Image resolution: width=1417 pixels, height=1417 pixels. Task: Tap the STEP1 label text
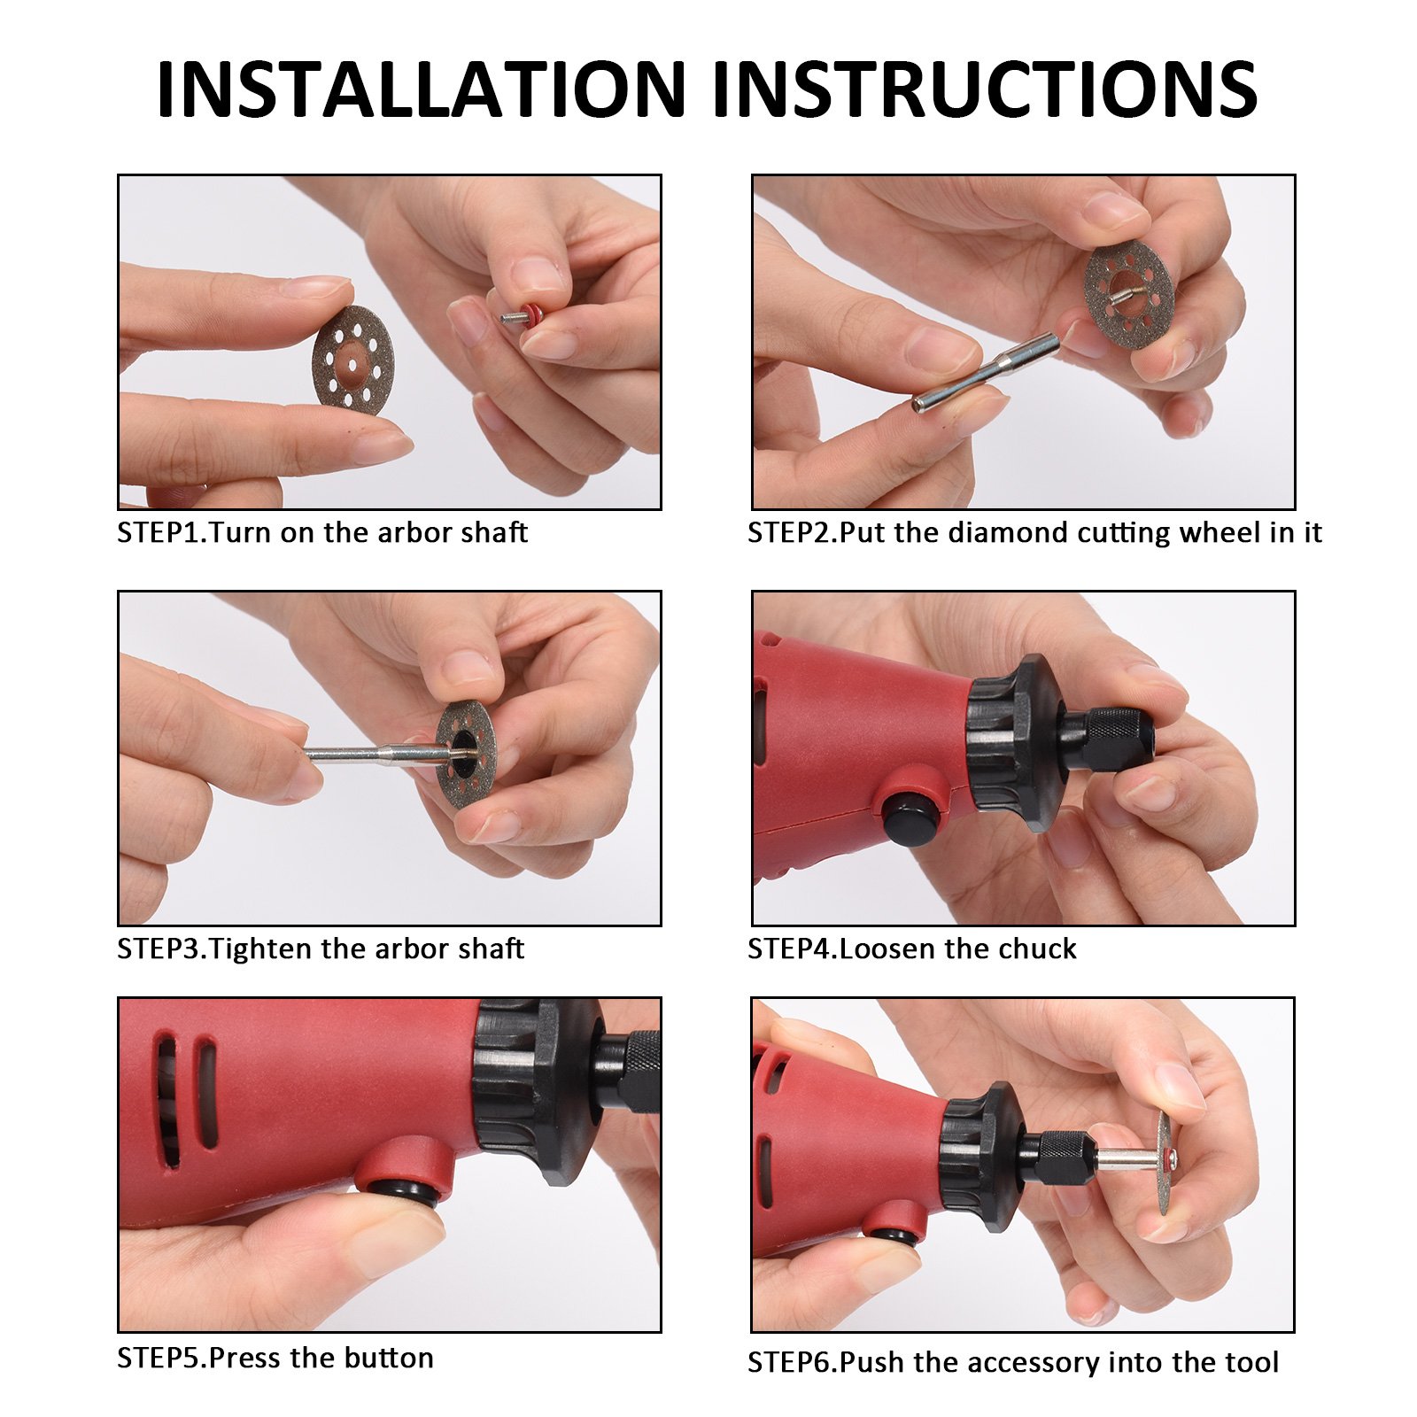[162, 532]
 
